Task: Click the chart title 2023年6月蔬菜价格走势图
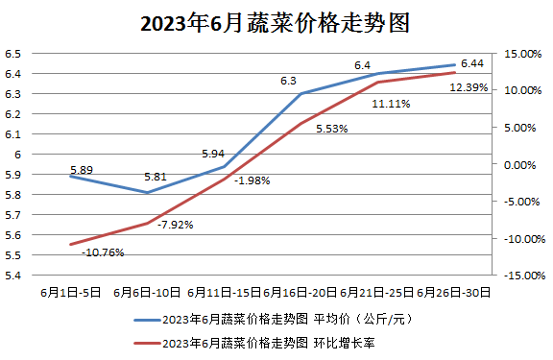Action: click(x=276, y=23)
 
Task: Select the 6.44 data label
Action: click(x=471, y=63)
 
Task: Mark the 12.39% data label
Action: click(x=469, y=87)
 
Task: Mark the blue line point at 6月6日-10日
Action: click(x=147, y=193)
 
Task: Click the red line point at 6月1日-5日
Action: click(x=70, y=244)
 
